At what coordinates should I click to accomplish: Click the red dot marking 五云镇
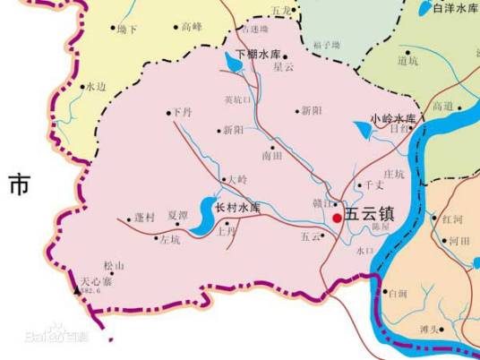[x=336, y=218]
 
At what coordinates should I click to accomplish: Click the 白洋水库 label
[x=455, y=8]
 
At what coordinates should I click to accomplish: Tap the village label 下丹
[x=182, y=114]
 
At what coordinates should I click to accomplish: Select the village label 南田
[x=271, y=155]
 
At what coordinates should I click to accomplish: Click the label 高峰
[x=192, y=28]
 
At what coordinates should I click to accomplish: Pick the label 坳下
[x=127, y=30]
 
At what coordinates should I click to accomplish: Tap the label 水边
[x=96, y=87]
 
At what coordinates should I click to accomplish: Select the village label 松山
[x=113, y=266]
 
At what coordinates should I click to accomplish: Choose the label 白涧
[x=397, y=293]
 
